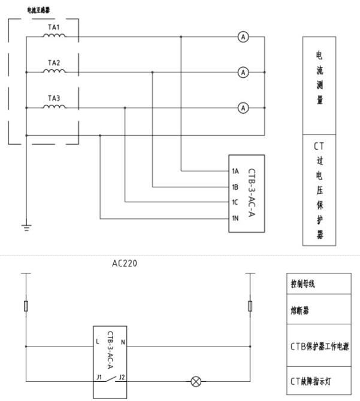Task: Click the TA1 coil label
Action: (x=53, y=28)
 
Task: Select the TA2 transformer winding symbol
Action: (x=54, y=72)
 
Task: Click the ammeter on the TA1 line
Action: (x=243, y=37)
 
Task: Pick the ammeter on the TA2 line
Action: (x=243, y=72)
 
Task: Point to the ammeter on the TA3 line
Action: (x=243, y=108)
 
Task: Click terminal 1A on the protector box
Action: (x=235, y=171)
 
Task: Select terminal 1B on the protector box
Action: (x=235, y=187)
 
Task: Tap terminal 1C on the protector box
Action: (x=235, y=202)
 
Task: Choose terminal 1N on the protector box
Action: (x=235, y=218)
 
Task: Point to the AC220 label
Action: (x=124, y=263)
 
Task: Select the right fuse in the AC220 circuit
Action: (x=249, y=306)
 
